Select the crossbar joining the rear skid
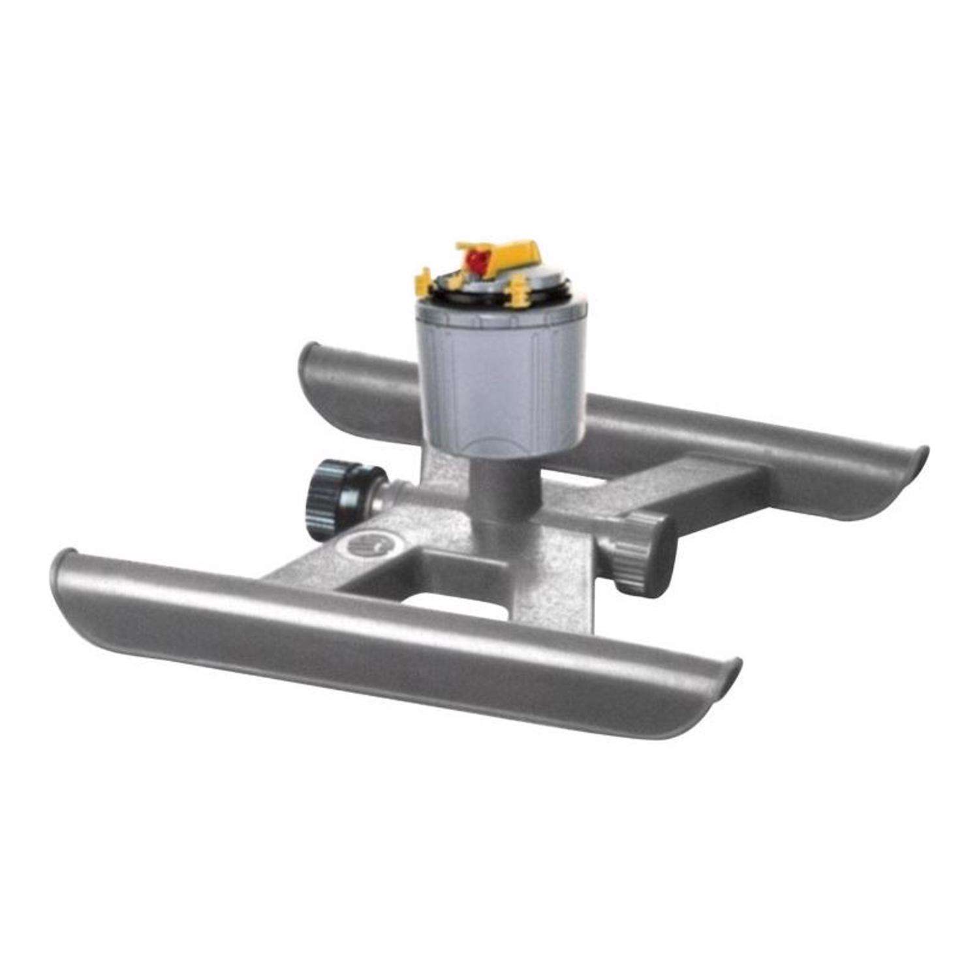692,483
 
